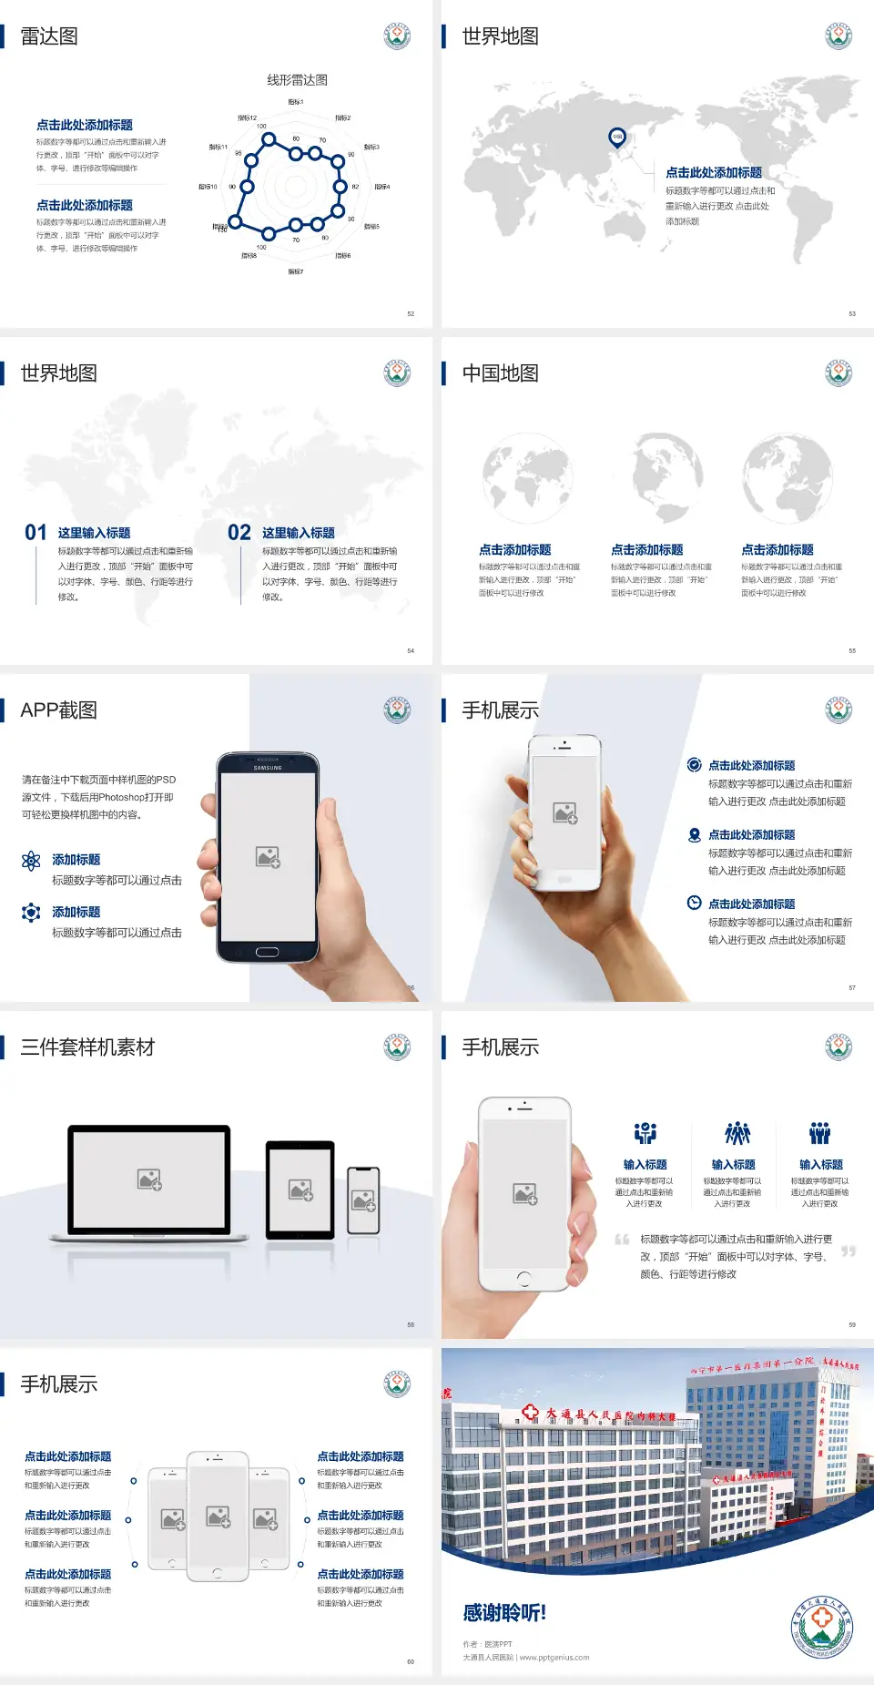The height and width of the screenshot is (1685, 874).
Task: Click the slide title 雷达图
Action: pyautogui.click(x=49, y=36)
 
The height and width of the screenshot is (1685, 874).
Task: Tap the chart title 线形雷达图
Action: pyautogui.click(x=297, y=80)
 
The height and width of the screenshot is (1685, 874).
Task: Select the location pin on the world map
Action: pyautogui.click(x=617, y=138)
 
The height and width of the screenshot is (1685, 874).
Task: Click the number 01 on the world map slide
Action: pyautogui.click(x=36, y=533)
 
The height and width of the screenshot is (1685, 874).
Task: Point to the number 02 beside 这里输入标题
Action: pyautogui.click(x=239, y=533)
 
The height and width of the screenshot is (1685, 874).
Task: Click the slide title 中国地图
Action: pyautogui.click(x=500, y=373)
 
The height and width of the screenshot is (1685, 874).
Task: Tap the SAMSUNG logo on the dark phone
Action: pyautogui.click(x=268, y=768)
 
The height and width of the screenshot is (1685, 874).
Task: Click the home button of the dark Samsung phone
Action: pyautogui.click(x=267, y=952)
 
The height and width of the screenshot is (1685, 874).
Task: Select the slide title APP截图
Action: pyautogui.click(x=59, y=710)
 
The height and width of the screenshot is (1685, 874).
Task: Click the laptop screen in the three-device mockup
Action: pyautogui.click(x=149, y=1179)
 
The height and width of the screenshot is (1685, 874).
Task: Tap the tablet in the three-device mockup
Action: pyautogui.click(x=300, y=1190)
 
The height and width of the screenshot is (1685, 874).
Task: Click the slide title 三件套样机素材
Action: pyautogui.click(x=87, y=1047)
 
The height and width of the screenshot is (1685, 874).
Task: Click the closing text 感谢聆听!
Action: pyautogui.click(x=504, y=1613)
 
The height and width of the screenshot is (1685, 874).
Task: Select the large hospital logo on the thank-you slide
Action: pyautogui.click(x=822, y=1628)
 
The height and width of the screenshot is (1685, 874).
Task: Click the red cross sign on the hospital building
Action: pyautogui.click(x=531, y=1413)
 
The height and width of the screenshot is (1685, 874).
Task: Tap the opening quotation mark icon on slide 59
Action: pyautogui.click(x=622, y=1240)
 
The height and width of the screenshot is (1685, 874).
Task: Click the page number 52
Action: pyautogui.click(x=411, y=313)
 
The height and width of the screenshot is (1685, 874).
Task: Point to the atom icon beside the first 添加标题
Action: pyautogui.click(x=31, y=861)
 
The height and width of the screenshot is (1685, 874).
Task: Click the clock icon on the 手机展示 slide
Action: pyautogui.click(x=694, y=903)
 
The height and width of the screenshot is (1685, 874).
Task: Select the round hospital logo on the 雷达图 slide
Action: pyautogui.click(x=397, y=36)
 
